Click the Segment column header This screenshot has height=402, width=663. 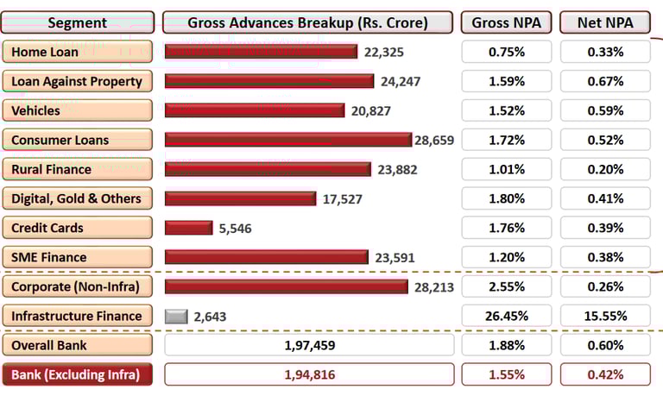click(x=78, y=22)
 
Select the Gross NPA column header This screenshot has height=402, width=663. click(x=507, y=22)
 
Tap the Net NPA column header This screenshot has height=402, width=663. click(x=605, y=22)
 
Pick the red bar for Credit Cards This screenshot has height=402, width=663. click(x=188, y=228)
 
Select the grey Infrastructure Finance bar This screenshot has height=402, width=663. click(x=176, y=316)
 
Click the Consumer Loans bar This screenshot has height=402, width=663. click(x=287, y=140)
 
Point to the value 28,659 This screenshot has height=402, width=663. click(x=434, y=140)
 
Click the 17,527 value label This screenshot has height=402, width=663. click(x=342, y=198)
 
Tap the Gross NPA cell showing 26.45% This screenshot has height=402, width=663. click(x=507, y=316)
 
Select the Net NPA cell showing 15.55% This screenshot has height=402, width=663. click(x=605, y=316)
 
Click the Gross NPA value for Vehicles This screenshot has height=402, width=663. click(x=507, y=110)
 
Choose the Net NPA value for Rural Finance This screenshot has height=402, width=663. click(x=605, y=169)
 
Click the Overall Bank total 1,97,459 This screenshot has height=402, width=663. click(x=308, y=345)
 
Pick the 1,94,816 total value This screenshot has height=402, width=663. click(x=308, y=374)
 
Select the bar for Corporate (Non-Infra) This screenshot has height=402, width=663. click(x=286, y=286)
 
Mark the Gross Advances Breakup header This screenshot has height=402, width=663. click(x=308, y=22)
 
